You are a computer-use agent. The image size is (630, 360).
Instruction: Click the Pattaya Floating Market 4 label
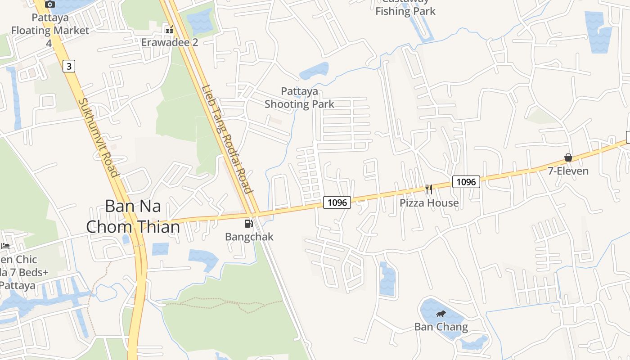50,30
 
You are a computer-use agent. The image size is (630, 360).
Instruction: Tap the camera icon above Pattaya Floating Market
50,4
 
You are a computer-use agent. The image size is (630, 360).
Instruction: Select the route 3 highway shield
68,67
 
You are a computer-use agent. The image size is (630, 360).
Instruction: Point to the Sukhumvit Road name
98,137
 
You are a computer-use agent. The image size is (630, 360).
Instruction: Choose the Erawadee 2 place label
170,42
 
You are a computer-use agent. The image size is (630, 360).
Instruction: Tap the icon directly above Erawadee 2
170,30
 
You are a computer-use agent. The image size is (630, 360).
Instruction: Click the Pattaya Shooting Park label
299,98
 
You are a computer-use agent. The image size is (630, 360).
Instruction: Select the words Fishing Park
405,11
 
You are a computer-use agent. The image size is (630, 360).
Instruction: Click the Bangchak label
249,237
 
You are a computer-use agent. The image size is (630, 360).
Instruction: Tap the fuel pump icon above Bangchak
248,224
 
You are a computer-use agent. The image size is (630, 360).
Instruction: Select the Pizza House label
429,203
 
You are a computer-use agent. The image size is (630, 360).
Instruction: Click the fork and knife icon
429,189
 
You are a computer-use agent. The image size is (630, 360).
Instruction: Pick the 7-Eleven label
568,171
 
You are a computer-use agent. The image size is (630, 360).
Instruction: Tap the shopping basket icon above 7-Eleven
568,157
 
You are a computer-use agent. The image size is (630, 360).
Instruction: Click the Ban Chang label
441,327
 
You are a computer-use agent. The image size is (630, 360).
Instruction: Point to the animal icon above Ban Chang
441,314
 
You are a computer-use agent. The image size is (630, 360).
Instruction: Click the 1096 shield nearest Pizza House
466,182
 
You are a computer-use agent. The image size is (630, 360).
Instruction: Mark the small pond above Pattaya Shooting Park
315,71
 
